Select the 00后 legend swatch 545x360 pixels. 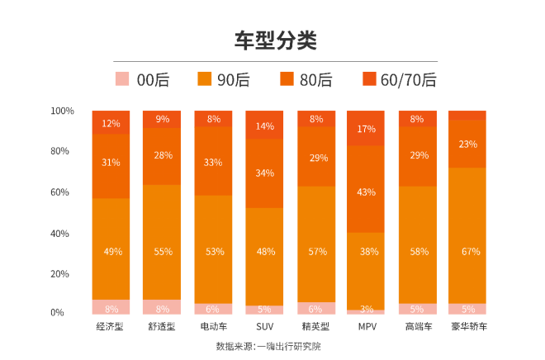122,79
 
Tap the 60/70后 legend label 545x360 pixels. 408,79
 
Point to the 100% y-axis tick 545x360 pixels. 63,111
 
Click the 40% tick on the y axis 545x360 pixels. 65,233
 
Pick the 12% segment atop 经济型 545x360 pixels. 111,122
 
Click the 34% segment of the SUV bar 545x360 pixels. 264,173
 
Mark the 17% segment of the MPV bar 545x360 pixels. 366,128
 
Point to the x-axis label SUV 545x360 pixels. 264,326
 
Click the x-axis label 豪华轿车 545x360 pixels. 468,326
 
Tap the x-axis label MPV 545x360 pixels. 366,326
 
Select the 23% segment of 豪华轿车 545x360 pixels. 468,144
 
